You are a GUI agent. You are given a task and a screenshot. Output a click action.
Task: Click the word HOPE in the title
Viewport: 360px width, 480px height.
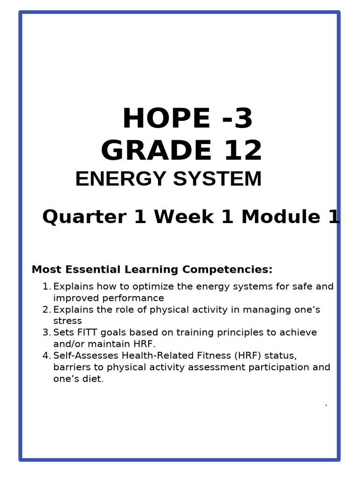tap(166, 119)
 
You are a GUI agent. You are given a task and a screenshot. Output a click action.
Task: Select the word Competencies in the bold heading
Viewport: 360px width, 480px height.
tap(227, 270)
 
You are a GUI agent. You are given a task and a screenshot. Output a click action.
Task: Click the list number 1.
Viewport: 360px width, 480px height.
tap(45, 286)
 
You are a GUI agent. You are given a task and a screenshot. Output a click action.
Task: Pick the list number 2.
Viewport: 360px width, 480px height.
tap(46, 310)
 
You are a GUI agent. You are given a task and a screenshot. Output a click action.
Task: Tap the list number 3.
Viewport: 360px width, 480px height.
tap(46, 333)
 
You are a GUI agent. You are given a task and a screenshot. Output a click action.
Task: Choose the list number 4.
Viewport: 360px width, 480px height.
tap(46, 356)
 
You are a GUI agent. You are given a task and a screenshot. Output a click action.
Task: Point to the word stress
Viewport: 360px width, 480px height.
tap(67, 321)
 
